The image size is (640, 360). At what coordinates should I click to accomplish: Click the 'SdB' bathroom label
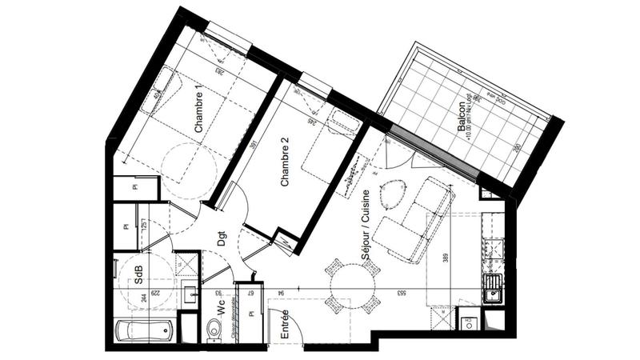tap(138, 276)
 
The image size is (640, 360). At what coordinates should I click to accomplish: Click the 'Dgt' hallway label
tap(222, 238)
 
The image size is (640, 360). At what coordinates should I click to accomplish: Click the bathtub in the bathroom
tap(145, 330)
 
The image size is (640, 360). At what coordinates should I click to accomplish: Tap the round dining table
tap(352, 284)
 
